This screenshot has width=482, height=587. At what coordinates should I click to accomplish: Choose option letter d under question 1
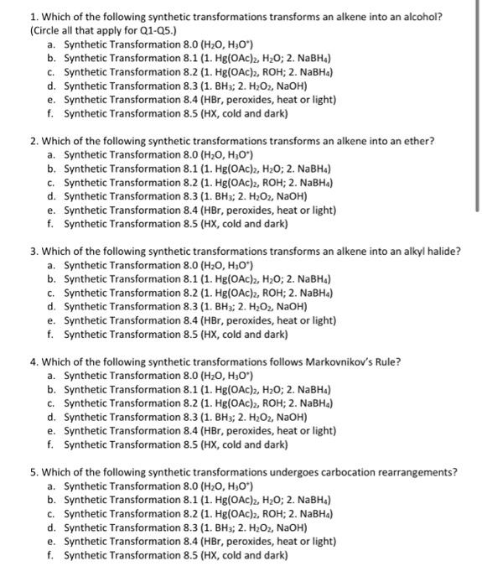[52, 86]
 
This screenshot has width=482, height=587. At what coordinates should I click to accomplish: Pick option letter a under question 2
[52, 154]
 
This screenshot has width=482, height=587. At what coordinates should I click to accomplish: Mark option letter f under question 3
[52, 334]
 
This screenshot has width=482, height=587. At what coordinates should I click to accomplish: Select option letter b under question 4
[52, 389]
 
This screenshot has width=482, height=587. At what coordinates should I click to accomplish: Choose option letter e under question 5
[52, 541]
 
